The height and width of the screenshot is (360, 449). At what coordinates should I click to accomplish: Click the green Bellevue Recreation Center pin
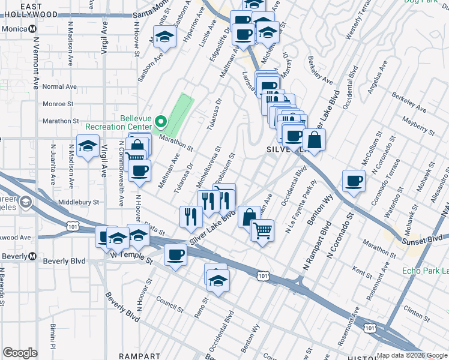[x=160, y=122]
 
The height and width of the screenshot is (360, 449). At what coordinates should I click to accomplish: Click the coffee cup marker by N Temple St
[x=176, y=255]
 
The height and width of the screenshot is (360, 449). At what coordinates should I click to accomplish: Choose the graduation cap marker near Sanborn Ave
[x=163, y=38]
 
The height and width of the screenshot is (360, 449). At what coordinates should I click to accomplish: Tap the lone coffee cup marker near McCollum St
[x=354, y=181]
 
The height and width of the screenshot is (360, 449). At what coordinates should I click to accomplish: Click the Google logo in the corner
[x=20, y=353]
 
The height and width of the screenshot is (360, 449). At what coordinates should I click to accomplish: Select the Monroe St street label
[x=58, y=104]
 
